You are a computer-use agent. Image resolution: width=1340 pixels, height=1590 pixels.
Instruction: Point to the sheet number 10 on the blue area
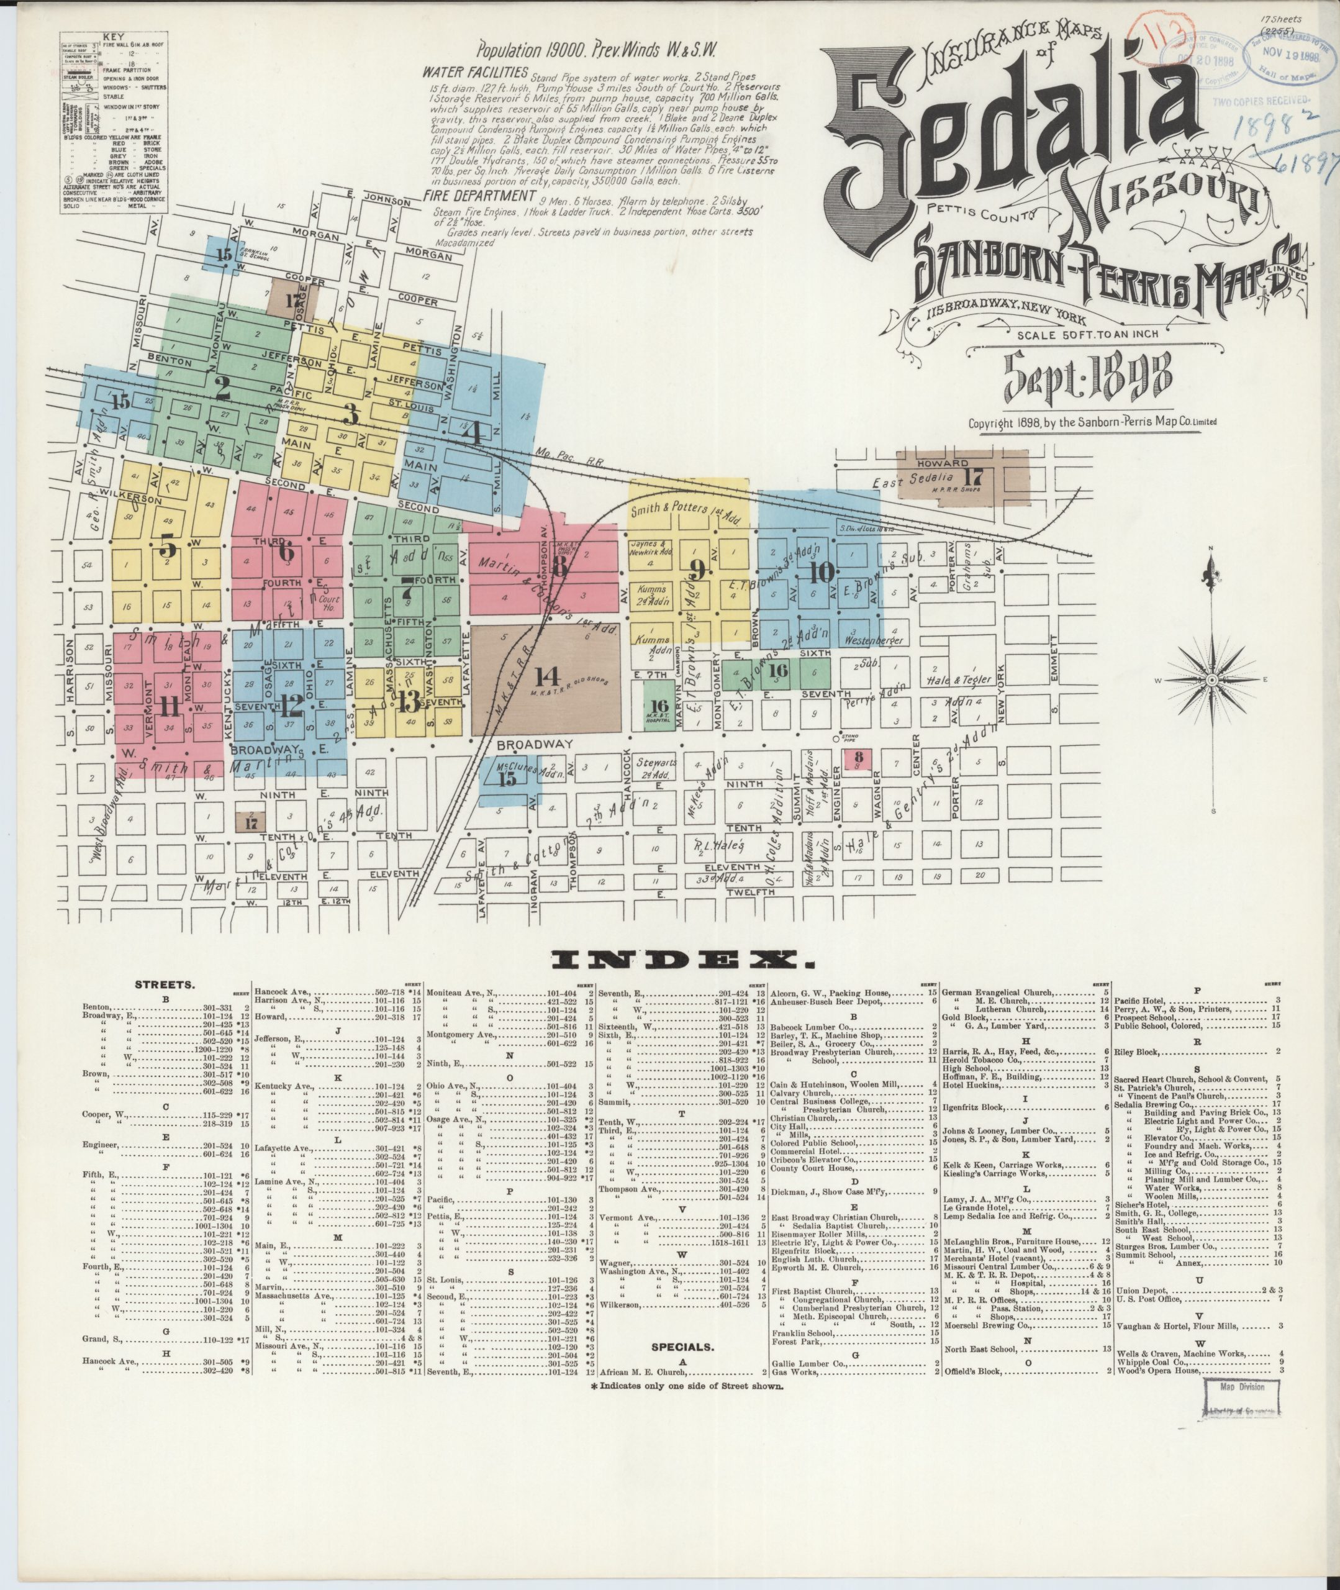822,573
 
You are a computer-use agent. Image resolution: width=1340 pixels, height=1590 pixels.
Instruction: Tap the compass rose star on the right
1213,680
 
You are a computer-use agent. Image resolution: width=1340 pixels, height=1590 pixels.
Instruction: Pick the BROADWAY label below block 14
530,745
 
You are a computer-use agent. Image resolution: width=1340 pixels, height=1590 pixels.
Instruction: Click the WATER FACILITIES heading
475,73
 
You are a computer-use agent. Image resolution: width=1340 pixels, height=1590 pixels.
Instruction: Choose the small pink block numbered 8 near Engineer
858,759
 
